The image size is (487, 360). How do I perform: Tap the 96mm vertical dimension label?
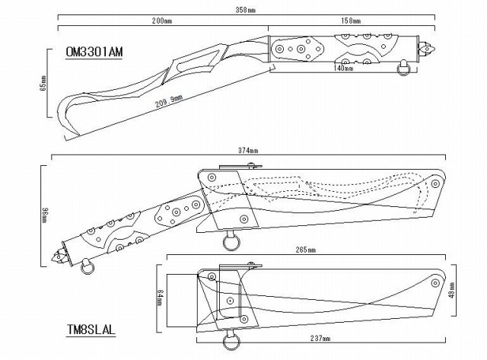(x=45, y=213)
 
